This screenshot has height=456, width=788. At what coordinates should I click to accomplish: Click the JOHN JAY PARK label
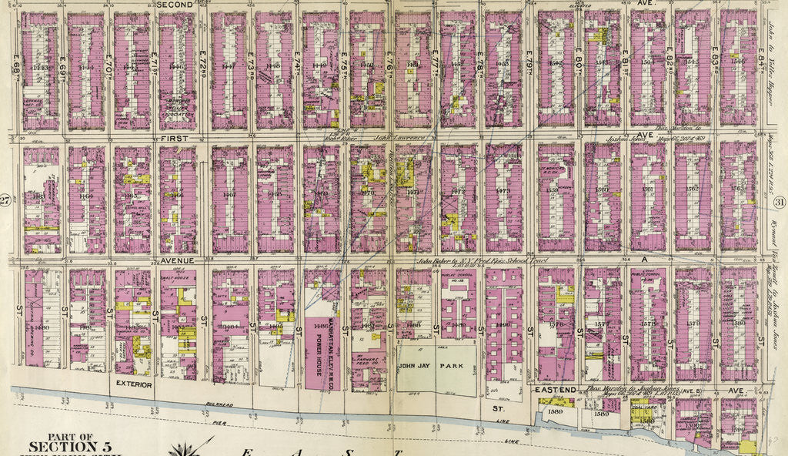(x=436, y=367)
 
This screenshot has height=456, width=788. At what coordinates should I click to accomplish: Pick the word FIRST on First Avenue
(x=176, y=136)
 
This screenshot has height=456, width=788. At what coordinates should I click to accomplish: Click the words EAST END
(x=555, y=391)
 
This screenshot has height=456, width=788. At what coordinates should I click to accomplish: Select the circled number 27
(x=6, y=201)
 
